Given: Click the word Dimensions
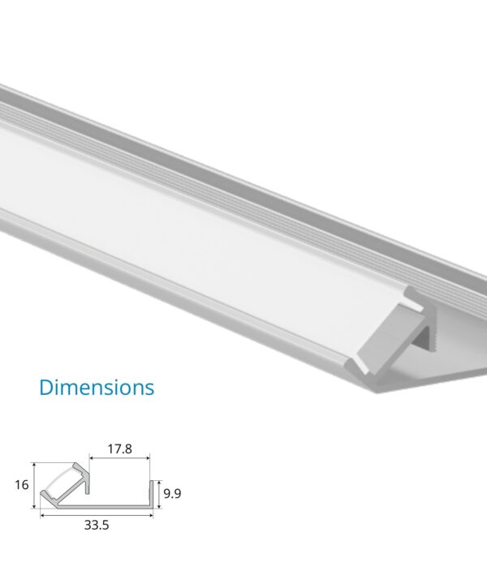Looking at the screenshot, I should pos(97,387).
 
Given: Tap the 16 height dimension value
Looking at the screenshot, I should pos(22,485).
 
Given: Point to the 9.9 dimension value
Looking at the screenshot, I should pos(171,492).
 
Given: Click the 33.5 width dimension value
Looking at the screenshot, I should pos(96,525).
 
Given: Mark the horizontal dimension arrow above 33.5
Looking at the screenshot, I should pos(96,513).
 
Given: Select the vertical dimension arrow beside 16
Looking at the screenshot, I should pos(34,485).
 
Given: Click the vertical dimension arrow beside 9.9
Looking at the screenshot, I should pos(158,493).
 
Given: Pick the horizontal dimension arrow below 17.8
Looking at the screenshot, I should pos(120,457).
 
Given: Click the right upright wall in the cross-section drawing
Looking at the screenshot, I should pos(151,494).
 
